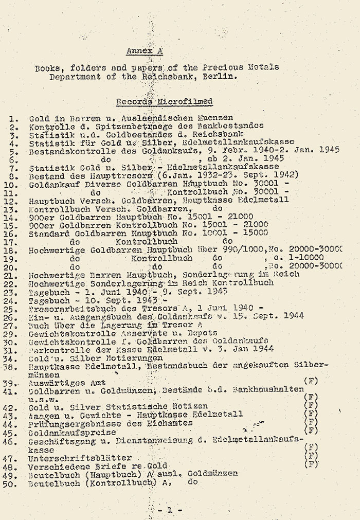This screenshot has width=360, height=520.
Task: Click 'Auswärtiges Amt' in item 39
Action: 67,382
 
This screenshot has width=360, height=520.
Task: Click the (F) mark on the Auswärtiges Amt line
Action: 311,381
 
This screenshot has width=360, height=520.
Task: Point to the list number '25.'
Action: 13,309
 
